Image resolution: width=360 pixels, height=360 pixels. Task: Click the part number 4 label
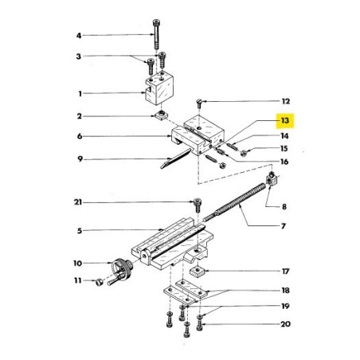pyautogui.click(x=79, y=35)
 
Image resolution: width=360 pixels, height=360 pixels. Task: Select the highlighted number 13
pyautogui.click(x=284, y=122)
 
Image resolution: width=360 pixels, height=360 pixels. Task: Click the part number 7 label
pyautogui.click(x=284, y=226)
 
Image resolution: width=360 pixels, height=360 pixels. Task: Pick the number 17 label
pyautogui.click(x=284, y=272)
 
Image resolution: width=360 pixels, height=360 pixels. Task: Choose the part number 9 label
pyautogui.click(x=79, y=158)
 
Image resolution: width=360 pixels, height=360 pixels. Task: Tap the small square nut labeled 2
pyautogui.click(x=161, y=116)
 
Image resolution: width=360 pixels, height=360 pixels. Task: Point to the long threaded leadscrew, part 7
pyautogui.click(x=239, y=204)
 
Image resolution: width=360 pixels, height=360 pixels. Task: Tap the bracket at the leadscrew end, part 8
pyautogui.click(x=272, y=181)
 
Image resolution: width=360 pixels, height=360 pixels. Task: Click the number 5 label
pyautogui.click(x=79, y=231)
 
